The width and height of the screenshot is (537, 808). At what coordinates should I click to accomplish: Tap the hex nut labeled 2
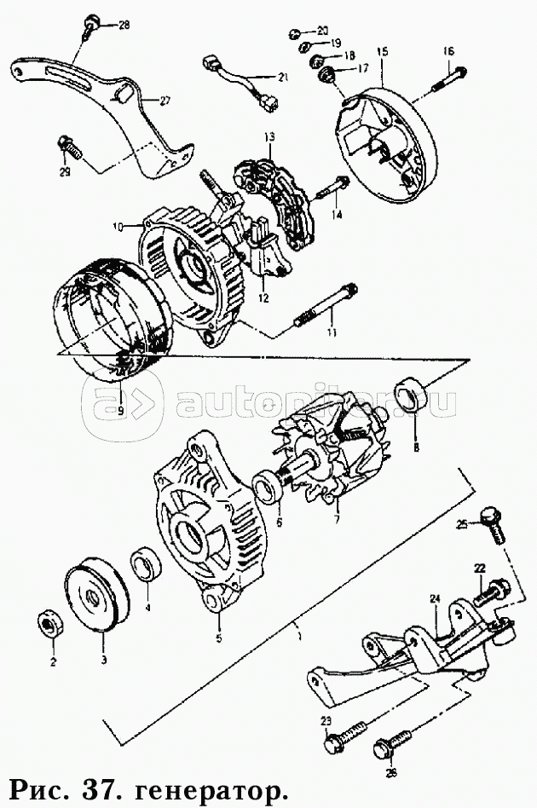pos(50,624)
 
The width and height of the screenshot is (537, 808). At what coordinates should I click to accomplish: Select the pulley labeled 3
pos(97,594)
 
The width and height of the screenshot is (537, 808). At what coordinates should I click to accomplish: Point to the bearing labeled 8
pos(409,395)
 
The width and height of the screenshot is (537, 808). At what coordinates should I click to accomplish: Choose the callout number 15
pos(383,51)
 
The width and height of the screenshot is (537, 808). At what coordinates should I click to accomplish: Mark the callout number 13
pos(270,137)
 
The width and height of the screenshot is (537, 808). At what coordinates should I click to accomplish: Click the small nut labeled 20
pos(294,33)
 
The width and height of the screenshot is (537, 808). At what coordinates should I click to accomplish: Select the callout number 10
pos(118,226)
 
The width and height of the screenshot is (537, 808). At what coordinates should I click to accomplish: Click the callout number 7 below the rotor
pos(337,519)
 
